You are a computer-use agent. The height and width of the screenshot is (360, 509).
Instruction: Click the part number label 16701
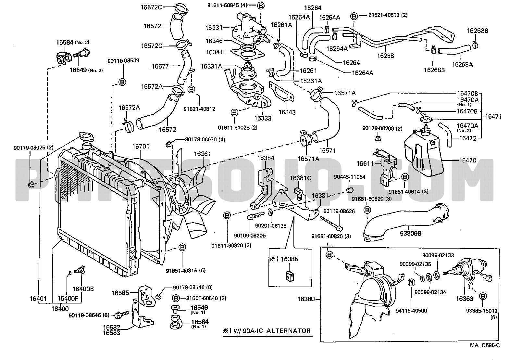click(141, 147)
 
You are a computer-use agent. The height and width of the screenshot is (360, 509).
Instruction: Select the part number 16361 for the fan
click(203, 154)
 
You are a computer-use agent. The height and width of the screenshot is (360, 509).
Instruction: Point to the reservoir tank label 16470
click(467, 160)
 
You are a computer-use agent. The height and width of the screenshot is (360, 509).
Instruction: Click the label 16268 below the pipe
click(386, 56)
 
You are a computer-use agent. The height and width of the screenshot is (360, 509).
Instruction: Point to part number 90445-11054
click(349, 177)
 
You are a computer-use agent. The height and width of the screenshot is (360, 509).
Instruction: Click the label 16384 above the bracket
click(266, 158)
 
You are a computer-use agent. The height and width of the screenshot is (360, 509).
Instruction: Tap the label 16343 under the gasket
click(287, 112)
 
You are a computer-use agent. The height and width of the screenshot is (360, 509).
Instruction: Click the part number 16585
click(121, 293)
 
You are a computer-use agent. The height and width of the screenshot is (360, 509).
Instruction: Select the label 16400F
click(68, 299)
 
